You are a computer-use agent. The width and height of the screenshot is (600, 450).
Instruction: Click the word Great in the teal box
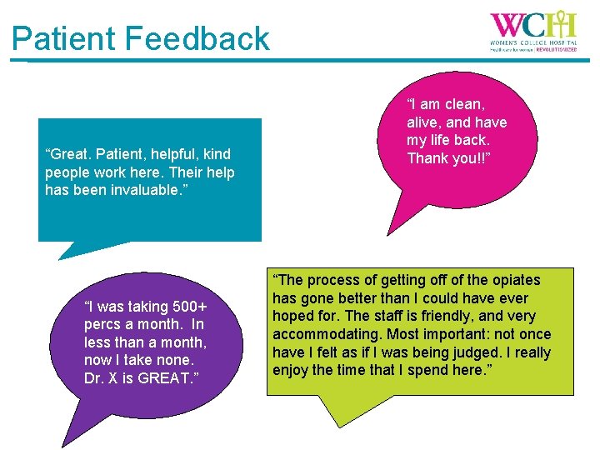72,154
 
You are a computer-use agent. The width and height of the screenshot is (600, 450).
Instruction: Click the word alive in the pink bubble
424,122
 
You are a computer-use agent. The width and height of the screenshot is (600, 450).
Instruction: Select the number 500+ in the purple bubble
187,306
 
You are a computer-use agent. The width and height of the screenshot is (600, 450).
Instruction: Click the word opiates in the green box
511,280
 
